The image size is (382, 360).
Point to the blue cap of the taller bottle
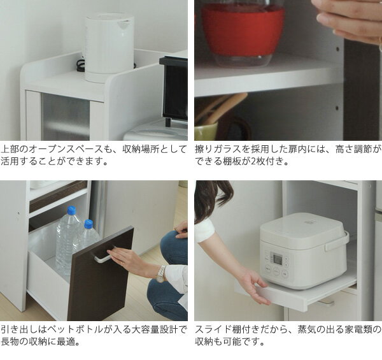(71, 210)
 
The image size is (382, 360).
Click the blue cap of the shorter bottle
(88, 224)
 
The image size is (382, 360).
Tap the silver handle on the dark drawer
(103, 255)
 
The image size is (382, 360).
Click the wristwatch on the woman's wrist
(161, 273)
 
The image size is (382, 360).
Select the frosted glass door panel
(65, 117)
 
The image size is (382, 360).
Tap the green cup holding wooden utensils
(206, 131)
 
